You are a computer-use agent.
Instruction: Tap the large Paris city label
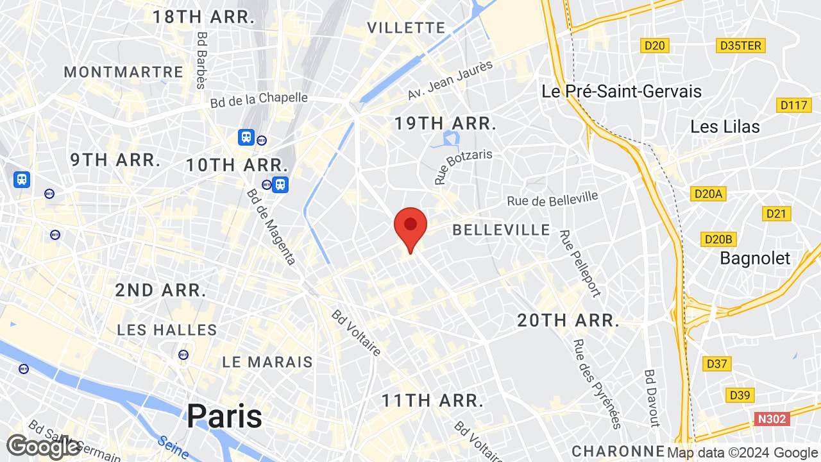224,416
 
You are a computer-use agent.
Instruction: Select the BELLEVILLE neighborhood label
502,230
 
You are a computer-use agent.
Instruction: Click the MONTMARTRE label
124,72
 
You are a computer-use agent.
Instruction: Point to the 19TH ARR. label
446,124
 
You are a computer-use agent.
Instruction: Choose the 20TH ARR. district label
568,320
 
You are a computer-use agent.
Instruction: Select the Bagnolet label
756,258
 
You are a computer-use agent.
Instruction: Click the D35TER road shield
740,46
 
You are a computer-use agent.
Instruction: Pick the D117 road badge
793,105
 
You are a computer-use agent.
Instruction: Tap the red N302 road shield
770,419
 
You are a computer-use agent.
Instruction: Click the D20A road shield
709,193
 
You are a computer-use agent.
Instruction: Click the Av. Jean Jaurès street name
450,81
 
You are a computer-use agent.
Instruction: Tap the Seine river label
173,443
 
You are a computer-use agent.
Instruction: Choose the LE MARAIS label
267,362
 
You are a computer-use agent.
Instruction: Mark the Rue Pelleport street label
580,264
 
